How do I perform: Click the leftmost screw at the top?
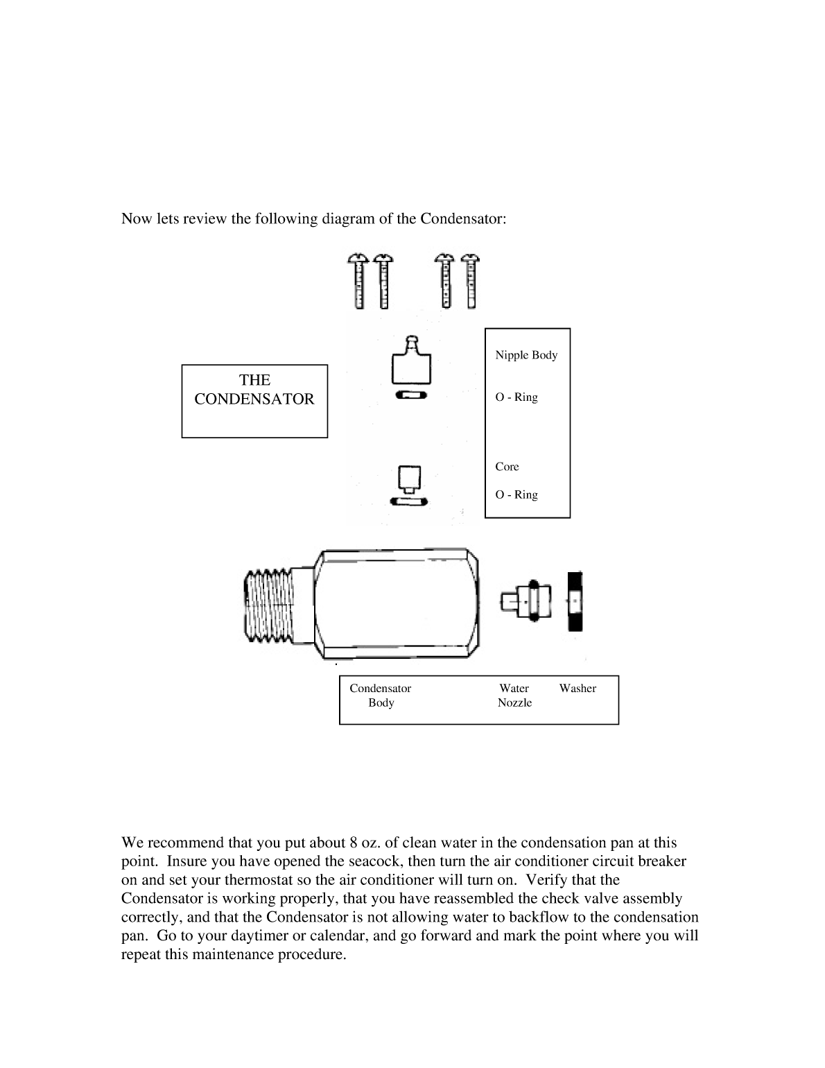click(x=358, y=281)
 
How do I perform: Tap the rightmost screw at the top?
click(x=471, y=281)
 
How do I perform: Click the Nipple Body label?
click(x=526, y=355)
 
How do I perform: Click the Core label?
click(x=507, y=467)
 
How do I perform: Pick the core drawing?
click(x=408, y=478)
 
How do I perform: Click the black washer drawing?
click(x=575, y=601)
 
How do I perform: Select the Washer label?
click(x=577, y=689)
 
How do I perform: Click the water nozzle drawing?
click(x=526, y=601)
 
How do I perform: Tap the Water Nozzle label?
click(x=514, y=696)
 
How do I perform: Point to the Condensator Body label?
click(x=381, y=696)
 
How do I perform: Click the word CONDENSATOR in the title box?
click(x=254, y=399)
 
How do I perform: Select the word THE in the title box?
click(x=254, y=380)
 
